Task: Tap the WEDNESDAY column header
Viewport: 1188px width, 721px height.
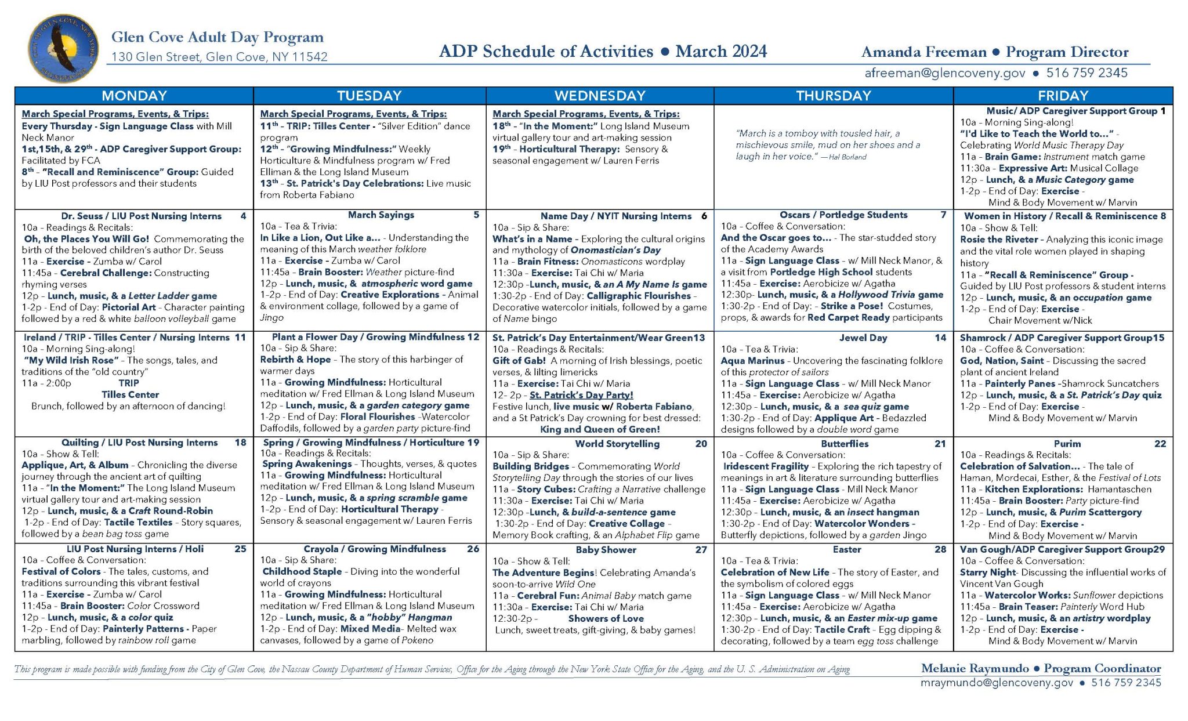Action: (600, 96)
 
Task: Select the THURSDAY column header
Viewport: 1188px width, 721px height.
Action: (833, 96)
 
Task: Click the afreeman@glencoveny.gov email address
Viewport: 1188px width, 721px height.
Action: (944, 73)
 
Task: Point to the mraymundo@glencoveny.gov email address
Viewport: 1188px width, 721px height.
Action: (997, 683)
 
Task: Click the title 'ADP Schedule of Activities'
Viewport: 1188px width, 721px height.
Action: (546, 52)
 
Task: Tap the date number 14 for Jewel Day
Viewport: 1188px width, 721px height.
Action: (940, 338)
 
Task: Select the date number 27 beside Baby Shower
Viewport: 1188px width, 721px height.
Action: (701, 549)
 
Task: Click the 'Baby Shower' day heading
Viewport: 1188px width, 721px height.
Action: (606, 549)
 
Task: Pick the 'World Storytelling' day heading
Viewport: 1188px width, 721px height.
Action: (617, 444)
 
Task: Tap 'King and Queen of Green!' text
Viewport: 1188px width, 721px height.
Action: (600, 429)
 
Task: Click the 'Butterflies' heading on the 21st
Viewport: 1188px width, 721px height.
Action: (845, 444)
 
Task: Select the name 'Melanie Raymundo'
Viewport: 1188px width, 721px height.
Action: (975, 668)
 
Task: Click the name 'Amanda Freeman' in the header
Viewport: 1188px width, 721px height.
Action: (923, 52)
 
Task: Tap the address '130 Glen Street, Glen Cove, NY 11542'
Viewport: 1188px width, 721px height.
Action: (219, 57)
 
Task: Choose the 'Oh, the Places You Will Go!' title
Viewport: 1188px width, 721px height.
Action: (86, 239)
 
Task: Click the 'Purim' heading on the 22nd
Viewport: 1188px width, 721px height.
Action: (1067, 444)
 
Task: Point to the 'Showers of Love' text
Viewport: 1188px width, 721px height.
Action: (606, 618)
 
